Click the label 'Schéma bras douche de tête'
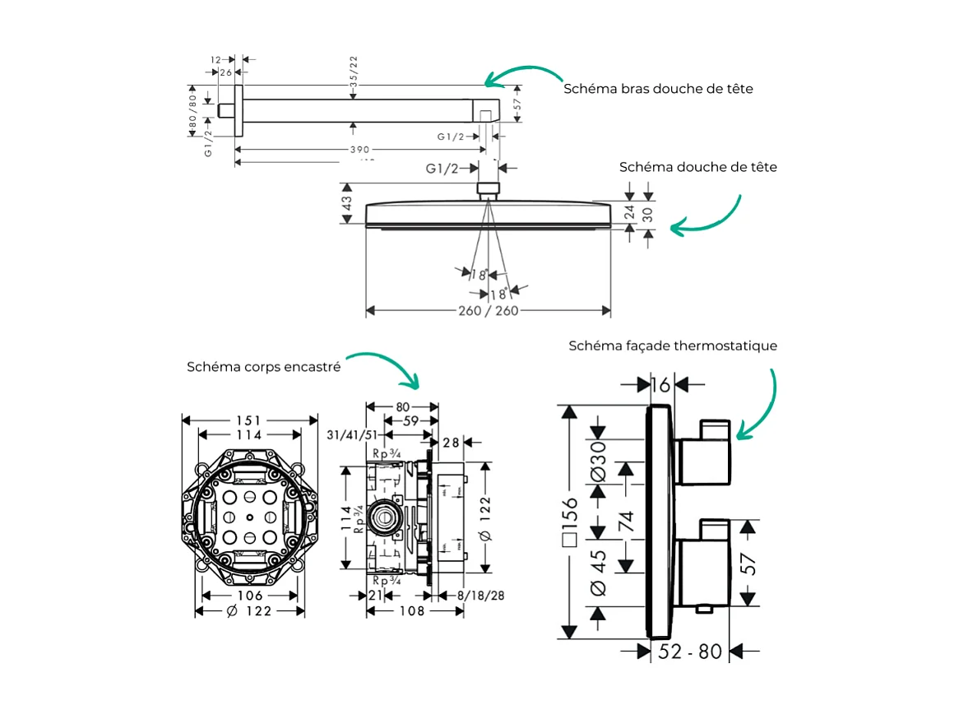click(x=658, y=88)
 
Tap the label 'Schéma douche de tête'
click(x=697, y=167)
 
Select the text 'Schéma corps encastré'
click(x=263, y=367)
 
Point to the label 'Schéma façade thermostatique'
click(x=672, y=346)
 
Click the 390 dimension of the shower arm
click(x=359, y=150)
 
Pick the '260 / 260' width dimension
click(x=488, y=311)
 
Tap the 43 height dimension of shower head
click(x=347, y=203)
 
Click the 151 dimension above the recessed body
click(x=249, y=420)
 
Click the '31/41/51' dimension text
click(x=352, y=434)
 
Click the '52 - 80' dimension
click(x=690, y=652)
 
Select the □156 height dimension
click(x=569, y=521)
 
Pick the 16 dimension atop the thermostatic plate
click(x=660, y=384)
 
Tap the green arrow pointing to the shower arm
click(x=522, y=72)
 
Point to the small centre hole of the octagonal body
click(x=249, y=517)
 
